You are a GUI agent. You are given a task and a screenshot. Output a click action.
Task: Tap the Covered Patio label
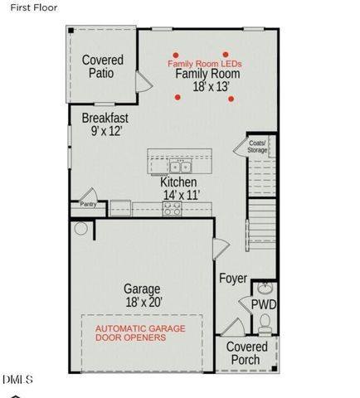(x=103, y=66)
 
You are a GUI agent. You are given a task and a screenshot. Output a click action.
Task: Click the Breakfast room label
(x=104, y=119)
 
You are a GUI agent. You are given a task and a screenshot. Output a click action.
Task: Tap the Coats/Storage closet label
(x=258, y=147)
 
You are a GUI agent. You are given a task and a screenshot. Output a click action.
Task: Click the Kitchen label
(x=178, y=182)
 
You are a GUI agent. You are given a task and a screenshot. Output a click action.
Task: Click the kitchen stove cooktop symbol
(x=173, y=209)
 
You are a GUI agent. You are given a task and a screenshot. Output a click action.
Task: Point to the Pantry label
(x=87, y=203)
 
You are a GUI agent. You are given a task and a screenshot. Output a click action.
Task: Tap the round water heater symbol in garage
(x=81, y=228)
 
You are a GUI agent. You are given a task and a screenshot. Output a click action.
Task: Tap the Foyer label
(x=233, y=279)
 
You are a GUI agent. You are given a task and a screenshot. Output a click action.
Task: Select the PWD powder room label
(x=265, y=305)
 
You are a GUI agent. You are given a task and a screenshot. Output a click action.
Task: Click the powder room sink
(x=263, y=289)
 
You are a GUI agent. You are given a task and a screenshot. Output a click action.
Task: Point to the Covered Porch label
(x=247, y=352)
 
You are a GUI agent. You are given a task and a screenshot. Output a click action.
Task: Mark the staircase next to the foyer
(x=261, y=207)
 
